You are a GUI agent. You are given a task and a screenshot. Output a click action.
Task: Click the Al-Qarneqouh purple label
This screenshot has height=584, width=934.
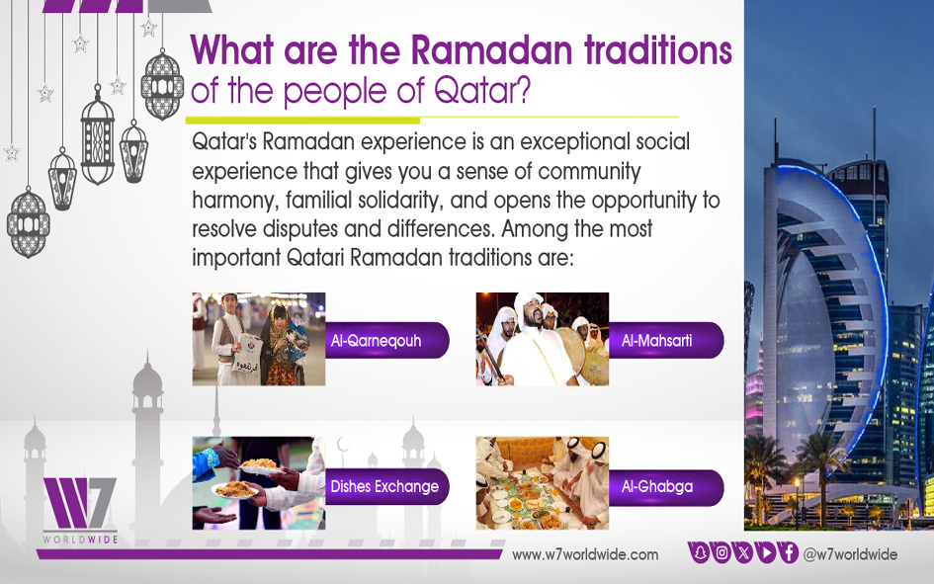point(386,341)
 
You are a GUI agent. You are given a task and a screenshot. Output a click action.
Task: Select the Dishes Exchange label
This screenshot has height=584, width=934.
point(386,487)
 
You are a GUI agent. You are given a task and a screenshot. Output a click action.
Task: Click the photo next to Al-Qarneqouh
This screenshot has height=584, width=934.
point(259,339)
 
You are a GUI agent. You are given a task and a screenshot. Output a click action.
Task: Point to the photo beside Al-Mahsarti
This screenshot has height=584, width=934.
point(542,339)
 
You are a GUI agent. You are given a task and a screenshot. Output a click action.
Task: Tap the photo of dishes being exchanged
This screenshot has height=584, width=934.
point(259,483)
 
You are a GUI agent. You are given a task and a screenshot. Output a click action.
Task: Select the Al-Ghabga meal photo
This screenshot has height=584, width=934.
point(542,483)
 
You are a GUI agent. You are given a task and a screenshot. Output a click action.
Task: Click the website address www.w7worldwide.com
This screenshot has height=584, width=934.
point(585,554)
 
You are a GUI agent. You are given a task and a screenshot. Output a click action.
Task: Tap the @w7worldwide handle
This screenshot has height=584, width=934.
point(850,554)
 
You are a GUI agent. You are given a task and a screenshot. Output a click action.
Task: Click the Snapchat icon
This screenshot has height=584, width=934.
point(701,553)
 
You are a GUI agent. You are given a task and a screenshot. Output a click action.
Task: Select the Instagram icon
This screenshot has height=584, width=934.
point(722,553)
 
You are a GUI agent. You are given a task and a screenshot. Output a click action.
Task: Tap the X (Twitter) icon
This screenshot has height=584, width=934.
point(744,553)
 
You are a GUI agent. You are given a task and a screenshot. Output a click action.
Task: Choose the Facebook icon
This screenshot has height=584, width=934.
point(789,553)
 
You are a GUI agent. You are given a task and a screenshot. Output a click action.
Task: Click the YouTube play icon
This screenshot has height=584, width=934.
point(767,553)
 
